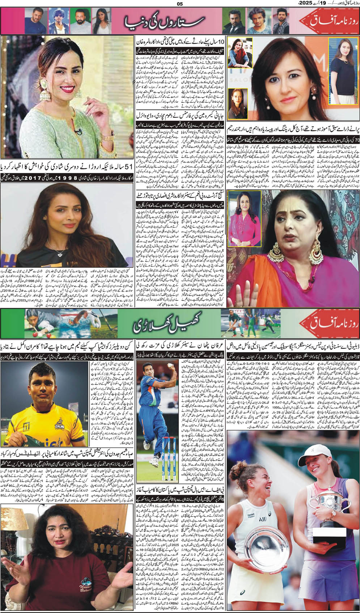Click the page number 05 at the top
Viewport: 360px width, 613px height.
tap(180, 4)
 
